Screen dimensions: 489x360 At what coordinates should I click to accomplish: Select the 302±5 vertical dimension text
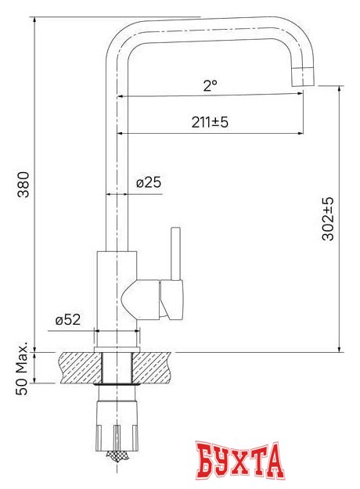point(328,218)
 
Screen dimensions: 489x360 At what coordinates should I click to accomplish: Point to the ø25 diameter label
point(148,182)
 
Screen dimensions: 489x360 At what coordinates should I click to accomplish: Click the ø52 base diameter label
point(69,320)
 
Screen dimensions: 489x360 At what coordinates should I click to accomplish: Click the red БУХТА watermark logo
point(239,461)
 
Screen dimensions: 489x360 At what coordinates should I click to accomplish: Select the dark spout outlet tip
point(303,76)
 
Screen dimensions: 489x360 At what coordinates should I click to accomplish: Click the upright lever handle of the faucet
point(175,254)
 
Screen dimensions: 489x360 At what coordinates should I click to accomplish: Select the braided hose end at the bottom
point(117,454)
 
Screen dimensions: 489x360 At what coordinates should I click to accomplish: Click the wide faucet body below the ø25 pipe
point(117,289)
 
